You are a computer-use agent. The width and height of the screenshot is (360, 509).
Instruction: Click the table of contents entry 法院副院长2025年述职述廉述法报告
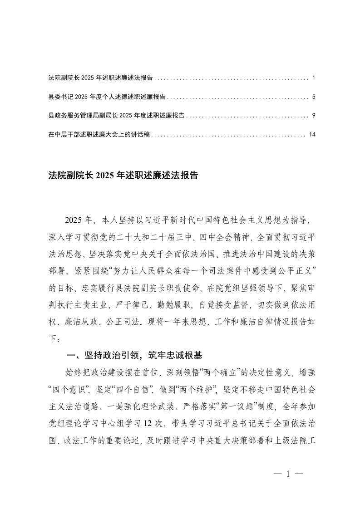click(x=100, y=78)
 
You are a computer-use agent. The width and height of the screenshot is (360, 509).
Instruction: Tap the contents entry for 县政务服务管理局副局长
click(x=116, y=116)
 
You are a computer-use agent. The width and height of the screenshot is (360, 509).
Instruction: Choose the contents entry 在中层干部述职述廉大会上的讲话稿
click(x=99, y=135)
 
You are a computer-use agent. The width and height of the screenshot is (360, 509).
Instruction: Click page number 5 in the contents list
click(x=314, y=97)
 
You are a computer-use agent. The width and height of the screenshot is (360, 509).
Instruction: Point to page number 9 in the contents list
click(x=314, y=116)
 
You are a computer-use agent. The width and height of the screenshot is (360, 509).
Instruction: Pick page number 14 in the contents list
click(x=312, y=135)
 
